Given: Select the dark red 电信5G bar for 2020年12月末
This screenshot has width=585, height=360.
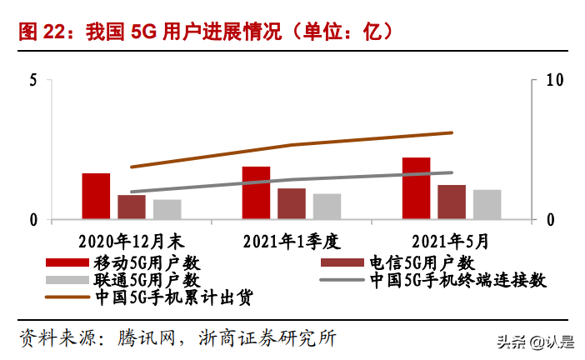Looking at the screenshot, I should click(131, 207).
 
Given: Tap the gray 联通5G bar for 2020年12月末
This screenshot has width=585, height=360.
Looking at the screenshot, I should click(167, 209).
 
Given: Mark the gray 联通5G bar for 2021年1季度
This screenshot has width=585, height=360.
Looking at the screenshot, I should click(327, 207).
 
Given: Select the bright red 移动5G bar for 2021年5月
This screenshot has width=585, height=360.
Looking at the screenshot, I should click(416, 188).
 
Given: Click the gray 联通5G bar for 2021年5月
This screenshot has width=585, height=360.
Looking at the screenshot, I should click(487, 205).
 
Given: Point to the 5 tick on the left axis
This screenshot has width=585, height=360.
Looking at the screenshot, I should click(32, 80).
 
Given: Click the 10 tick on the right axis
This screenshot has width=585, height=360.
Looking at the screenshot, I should click(554, 80).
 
